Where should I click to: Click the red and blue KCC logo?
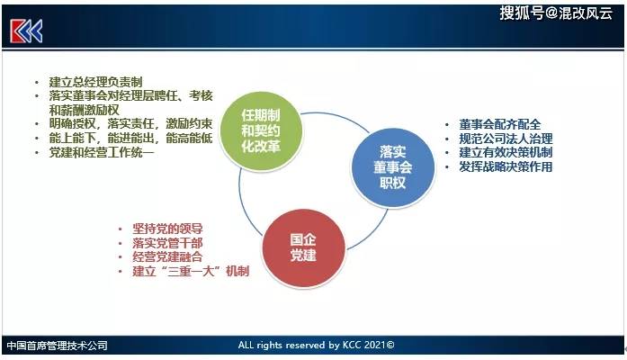[26, 31]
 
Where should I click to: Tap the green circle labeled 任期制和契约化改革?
[261, 131]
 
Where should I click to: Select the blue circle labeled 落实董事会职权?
[393, 167]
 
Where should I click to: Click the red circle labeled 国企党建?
[303, 248]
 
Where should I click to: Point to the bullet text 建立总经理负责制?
[95, 82]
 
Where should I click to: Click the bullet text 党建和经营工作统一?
[102, 152]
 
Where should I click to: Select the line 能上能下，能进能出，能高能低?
[130, 139]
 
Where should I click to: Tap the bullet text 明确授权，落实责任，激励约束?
[130, 124]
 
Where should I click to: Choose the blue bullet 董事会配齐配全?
[500, 124]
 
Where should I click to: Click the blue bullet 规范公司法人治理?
[506, 139]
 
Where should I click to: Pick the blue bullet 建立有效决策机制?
[506, 152]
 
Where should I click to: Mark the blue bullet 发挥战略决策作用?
[506, 166]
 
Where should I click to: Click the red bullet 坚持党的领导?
[167, 229]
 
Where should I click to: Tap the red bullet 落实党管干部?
[167, 243]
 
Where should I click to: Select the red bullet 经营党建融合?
[167, 256]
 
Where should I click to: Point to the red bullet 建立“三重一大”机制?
[191, 271]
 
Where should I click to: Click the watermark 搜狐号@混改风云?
[556, 13]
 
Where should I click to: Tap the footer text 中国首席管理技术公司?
[58, 346]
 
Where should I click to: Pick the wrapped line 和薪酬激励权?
[84, 110]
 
